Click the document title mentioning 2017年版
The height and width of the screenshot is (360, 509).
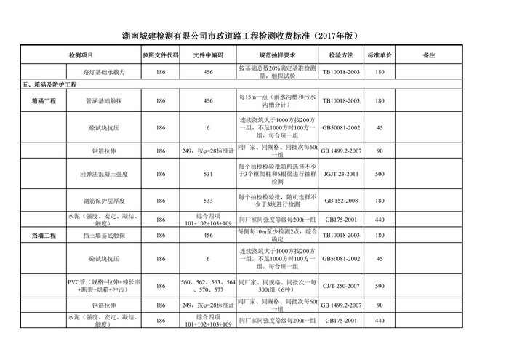(254, 35)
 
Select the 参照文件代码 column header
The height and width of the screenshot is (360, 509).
(160, 55)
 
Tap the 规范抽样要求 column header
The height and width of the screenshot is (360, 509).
(277, 55)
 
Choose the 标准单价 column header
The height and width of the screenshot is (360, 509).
(380, 55)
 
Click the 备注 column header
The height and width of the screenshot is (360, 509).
(428, 55)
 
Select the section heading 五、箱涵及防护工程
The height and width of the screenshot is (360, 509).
(49, 85)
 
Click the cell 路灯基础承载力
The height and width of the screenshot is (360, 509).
(107, 72)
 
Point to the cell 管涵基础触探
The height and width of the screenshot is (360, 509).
(107, 102)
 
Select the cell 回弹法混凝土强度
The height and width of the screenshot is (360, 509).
(107, 175)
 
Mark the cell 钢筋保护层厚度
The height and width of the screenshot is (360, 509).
(107, 199)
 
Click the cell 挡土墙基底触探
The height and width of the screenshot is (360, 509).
(107, 236)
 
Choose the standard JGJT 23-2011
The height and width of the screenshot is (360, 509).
(341, 175)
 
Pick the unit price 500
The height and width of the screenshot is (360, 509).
(380, 175)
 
